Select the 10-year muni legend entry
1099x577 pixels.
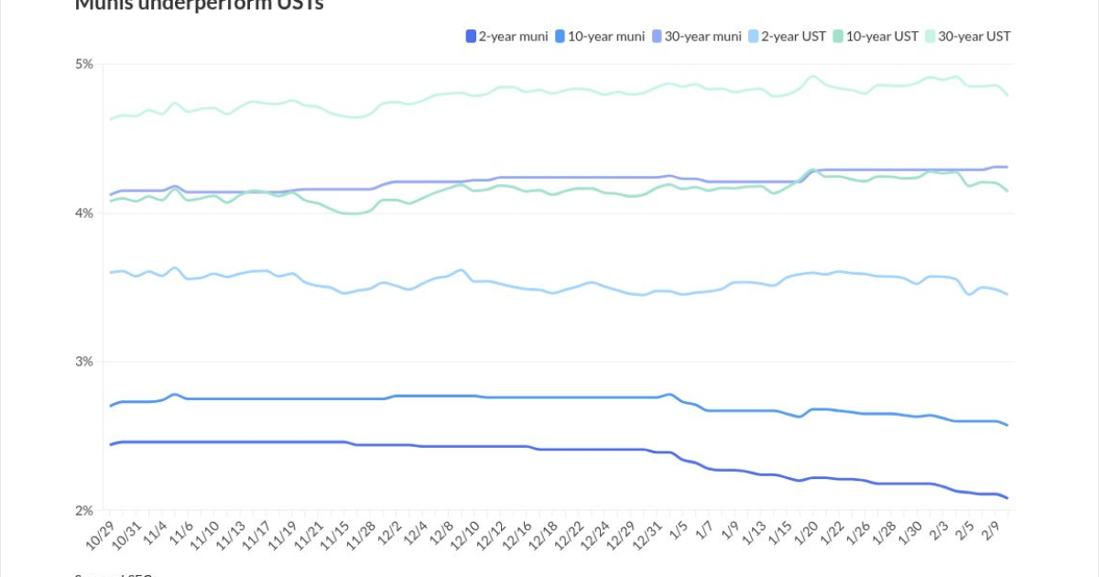pos(601,37)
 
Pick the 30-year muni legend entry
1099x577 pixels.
pos(697,37)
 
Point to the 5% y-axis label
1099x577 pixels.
pos(84,64)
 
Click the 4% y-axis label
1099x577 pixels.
pos(84,213)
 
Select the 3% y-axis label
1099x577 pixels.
pos(84,362)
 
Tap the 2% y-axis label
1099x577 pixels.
pos(84,511)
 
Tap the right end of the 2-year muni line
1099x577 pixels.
pos(1007,498)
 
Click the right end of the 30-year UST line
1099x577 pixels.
pos(1007,94)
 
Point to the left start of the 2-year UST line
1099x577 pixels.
pos(110,273)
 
